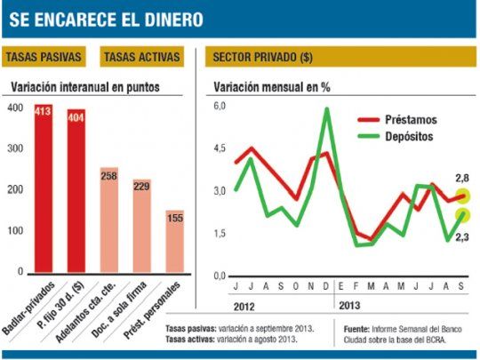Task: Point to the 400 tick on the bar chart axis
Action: (14, 108)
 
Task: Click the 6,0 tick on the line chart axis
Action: (219, 107)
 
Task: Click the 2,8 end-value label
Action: (461, 180)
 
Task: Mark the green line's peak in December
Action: (327, 109)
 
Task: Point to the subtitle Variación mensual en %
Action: (270, 87)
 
